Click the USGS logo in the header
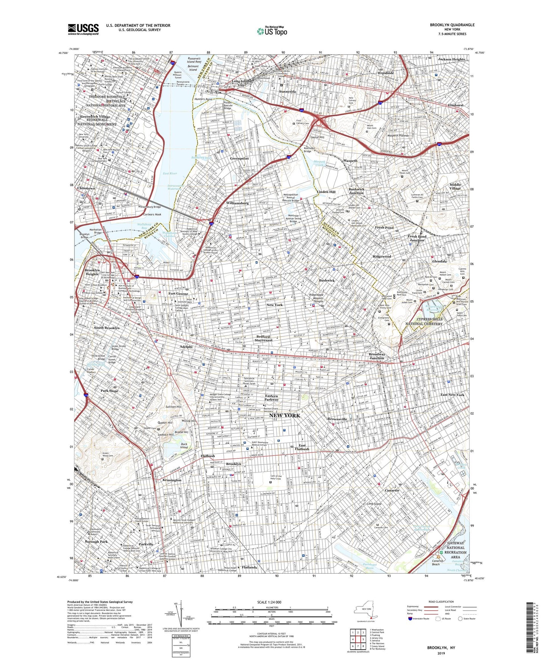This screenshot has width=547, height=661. [83, 29]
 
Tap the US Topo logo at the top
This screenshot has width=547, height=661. [272, 31]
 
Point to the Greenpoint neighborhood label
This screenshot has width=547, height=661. [239, 159]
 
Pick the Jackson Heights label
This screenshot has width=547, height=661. [451, 59]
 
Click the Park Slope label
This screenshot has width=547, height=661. [109, 391]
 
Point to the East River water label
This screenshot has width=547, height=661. [170, 173]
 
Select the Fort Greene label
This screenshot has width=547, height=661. [178, 294]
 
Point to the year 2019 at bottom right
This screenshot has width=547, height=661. [441, 653]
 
